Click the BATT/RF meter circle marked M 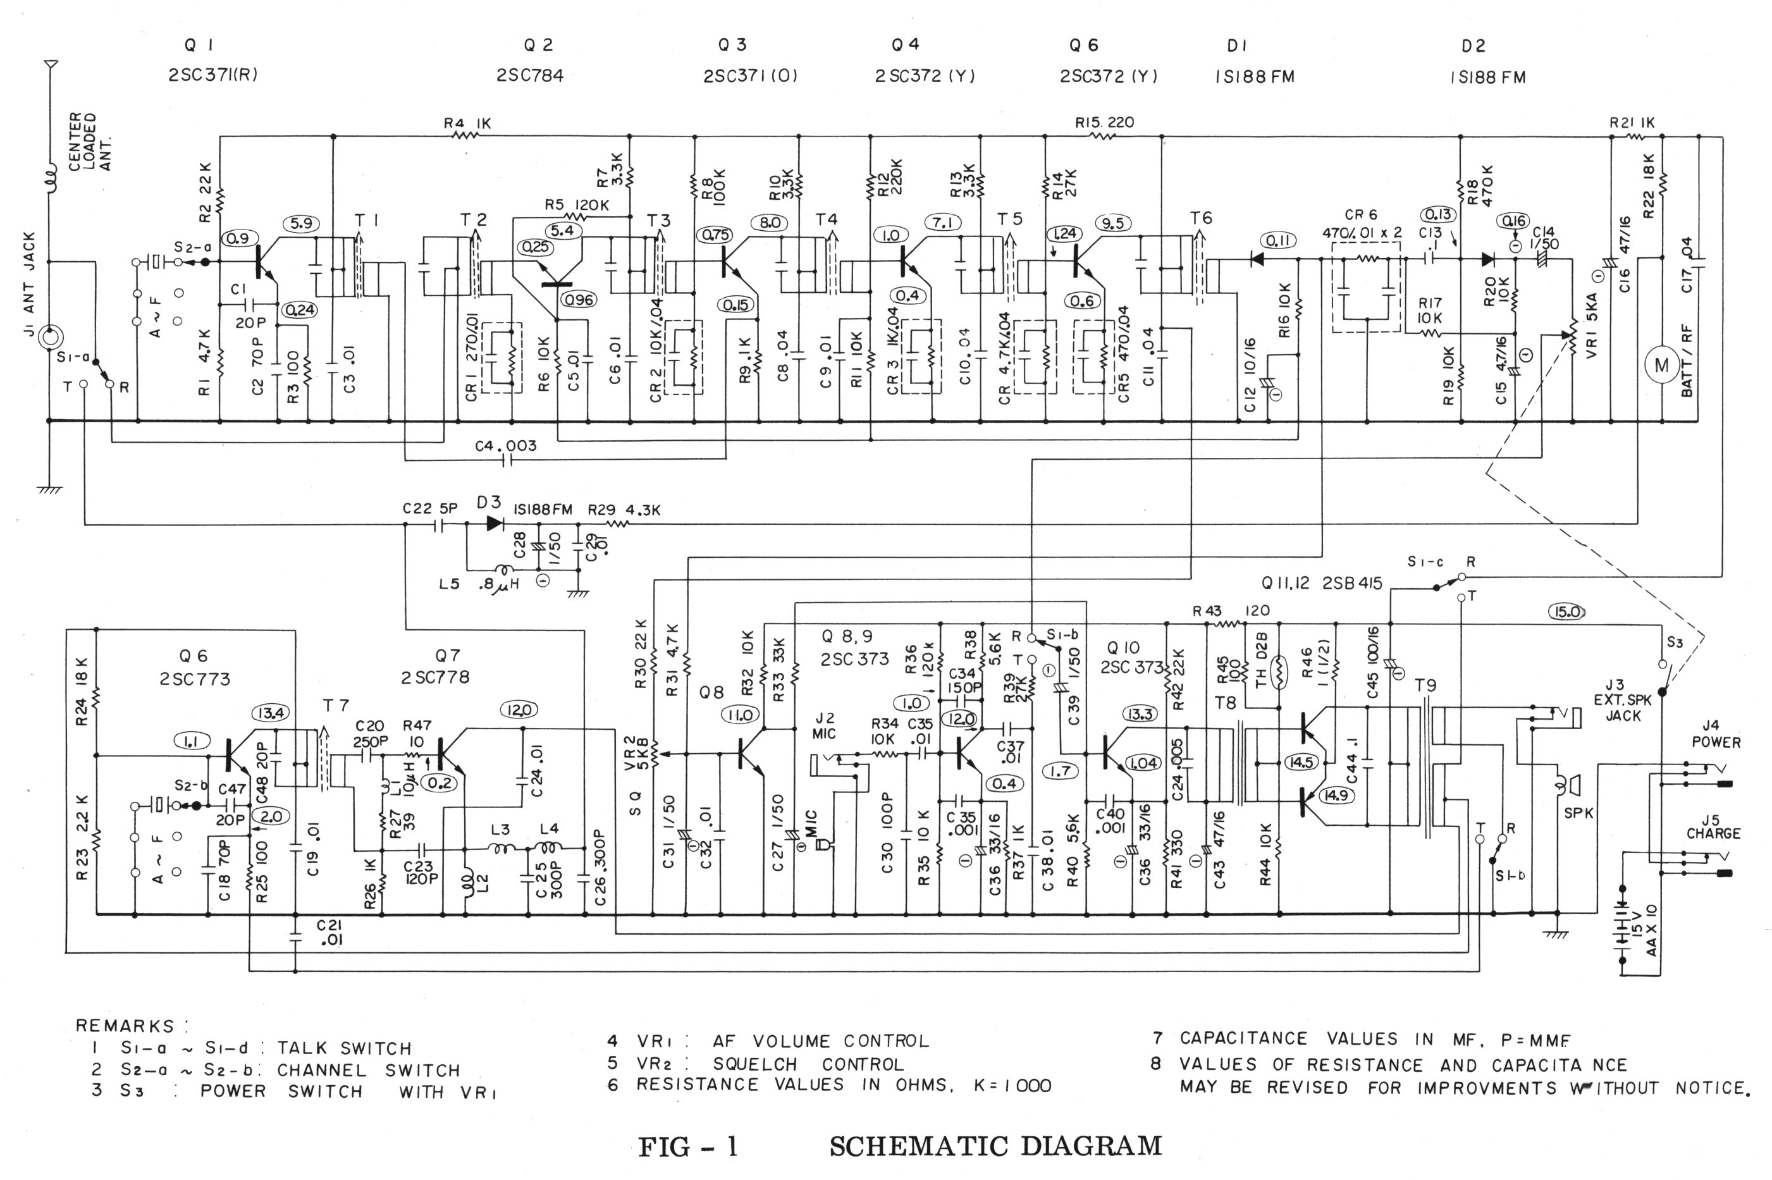pyautogui.click(x=1661, y=366)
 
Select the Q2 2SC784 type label pyautogui.click(x=530, y=75)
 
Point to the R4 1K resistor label pyautogui.click(x=467, y=123)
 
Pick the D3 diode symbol pyautogui.click(x=495, y=524)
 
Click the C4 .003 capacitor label pyautogui.click(x=506, y=446)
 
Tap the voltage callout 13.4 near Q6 pyautogui.click(x=274, y=713)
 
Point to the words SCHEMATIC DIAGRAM pyautogui.click(x=995, y=1146)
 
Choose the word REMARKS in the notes pyautogui.click(x=125, y=1026)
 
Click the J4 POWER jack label pyautogui.click(x=1716, y=734)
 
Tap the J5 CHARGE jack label pyautogui.click(x=1713, y=827)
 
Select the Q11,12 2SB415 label pyautogui.click(x=1321, y=584)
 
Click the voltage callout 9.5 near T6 pyautogui.click(x=1113, y=223)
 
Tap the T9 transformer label pyautogui.click(x=1425, y=685)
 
